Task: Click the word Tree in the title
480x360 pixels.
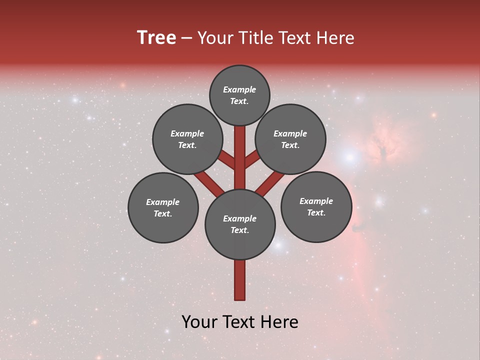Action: (x=156, y=38)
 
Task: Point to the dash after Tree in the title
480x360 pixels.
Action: (x=186, y=38)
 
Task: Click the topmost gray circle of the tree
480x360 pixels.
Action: (x=239, y=95)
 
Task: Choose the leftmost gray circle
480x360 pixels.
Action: (x=163, y=207)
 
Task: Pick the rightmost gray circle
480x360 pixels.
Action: (x=316, y=206)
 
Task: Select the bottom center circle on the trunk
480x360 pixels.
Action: (x=240, y=224)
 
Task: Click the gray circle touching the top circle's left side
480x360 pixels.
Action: (x=187, y=139)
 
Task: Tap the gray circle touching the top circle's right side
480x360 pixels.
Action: (x=290, y=139)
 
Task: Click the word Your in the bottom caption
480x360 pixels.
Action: (x=199, y=322)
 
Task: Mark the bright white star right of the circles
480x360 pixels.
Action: (x=349, y=157)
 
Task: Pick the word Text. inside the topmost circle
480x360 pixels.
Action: (x=239, y=101)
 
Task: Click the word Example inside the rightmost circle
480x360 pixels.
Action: (x=316, y=201)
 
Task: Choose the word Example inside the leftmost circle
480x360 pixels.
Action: (x=163, y=202)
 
